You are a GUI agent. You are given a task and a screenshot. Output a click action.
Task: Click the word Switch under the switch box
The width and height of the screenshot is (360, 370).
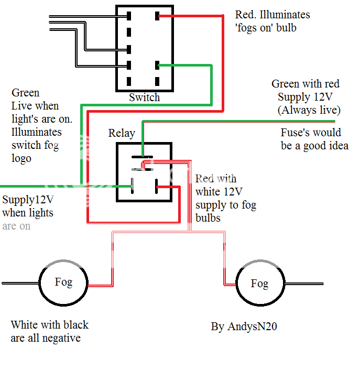pos(144,97)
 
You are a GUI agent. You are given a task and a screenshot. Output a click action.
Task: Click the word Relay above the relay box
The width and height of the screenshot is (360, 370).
pos(122,133)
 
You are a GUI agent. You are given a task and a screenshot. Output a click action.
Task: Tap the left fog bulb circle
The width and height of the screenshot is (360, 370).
pos(63,284)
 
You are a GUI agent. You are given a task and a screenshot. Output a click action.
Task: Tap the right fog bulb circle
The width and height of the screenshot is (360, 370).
pos(259,285)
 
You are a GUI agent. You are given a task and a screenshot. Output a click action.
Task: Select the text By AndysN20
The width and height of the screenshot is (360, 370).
pos(244,327)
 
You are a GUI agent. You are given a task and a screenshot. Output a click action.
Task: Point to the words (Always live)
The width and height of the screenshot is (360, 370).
pos(309,110)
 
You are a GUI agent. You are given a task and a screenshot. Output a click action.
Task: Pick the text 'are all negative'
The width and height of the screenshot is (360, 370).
pos(46,338)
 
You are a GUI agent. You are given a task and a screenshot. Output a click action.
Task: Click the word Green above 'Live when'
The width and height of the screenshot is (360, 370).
pos(25,93)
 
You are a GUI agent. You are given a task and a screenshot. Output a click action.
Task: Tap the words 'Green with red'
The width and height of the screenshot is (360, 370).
pos(305,84)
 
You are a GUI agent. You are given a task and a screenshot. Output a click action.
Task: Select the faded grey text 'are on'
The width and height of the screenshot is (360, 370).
pos(16,226)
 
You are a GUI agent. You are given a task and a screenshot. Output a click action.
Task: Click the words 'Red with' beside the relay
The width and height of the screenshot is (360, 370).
pos(215,179)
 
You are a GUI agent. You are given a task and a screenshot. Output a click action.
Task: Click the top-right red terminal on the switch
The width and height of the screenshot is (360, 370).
pos(157,16)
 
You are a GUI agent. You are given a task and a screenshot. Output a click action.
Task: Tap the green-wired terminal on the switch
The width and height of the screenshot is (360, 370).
pos(157,66)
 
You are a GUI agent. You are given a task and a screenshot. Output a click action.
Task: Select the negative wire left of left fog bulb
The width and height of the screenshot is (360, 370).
pos(20,284)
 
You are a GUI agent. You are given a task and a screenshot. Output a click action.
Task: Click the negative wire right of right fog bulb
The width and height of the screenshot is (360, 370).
pos(304,284)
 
